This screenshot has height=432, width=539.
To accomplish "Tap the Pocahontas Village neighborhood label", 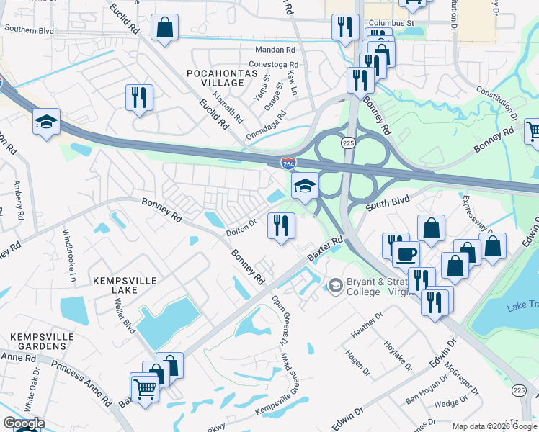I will (x=215, y=78).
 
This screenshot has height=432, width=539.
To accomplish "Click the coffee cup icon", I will (x=406, y=253).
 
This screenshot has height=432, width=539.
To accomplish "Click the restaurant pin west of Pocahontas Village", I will (x=139, y=97).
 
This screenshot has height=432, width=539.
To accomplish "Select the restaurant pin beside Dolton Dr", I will (x=281, y=225).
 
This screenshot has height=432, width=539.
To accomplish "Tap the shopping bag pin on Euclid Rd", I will (x=165, y=28).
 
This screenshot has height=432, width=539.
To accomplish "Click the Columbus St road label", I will (x=390, y=23).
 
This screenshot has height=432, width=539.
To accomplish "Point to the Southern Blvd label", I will (x=29, y=30).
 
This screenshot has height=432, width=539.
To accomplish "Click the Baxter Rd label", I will (x=325, y=249).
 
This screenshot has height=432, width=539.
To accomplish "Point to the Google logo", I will (x=23, y=423).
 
